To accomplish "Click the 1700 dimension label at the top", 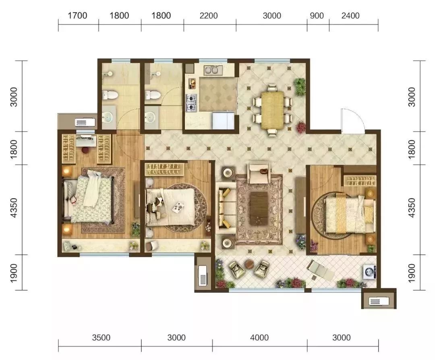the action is coord(77,16).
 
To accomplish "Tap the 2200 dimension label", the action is coord(209,16).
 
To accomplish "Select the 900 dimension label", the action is coord(317,16).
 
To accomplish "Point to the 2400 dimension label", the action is coord(350,16).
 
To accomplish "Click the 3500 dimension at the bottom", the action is coord(101,337).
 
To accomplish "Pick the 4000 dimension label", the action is coord(259,337).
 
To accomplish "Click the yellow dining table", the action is coord(272,110).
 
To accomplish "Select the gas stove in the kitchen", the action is coord(191,103).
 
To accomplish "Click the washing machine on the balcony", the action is coord(369,272).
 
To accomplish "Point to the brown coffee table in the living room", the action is coord(259,209).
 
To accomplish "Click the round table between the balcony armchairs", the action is coord(250,264).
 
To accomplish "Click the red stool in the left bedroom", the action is coord(85,149).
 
